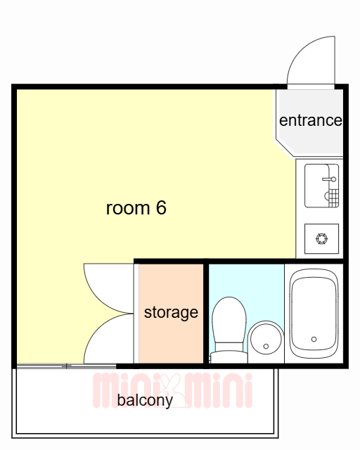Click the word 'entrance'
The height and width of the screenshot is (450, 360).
point(311,120)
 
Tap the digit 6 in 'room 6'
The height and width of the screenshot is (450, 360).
point(161,207)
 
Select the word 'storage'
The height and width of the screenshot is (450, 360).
point(171,312)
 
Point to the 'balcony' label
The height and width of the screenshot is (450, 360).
point(145,400)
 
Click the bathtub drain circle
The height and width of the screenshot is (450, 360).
point(314,339)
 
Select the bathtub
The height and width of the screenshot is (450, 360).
point(314,314)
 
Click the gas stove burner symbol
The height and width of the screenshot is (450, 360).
point(321,239)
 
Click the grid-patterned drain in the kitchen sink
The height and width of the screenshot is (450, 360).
point(333,198)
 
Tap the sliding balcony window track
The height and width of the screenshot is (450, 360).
point(66,366)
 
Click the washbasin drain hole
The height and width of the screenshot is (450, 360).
point(266,347)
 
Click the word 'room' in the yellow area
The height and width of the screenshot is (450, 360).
point(128,208)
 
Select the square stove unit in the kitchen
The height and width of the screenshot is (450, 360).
point(321,239)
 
